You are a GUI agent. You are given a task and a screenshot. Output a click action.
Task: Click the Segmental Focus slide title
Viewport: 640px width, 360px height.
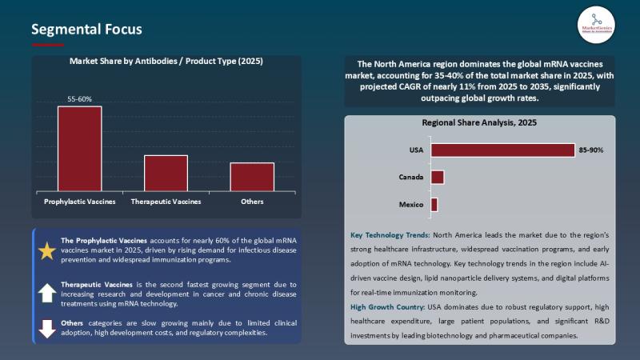86,30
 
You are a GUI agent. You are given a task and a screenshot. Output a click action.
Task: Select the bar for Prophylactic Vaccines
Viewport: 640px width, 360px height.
79,149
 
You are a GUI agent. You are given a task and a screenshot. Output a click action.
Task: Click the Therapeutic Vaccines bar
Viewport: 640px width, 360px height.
166,173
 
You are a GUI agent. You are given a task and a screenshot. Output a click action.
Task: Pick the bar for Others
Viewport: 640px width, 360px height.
252,177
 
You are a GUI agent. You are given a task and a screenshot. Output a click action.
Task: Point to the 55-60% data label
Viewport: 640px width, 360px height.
79,99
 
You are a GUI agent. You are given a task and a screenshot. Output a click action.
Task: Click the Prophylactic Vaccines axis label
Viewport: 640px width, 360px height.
79,202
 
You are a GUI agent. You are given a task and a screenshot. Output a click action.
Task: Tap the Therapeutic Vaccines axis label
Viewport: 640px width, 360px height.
166,202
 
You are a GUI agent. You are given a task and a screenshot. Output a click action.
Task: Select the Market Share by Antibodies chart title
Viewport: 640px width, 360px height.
166,61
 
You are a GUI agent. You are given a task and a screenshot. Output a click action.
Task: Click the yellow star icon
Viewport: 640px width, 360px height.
47,250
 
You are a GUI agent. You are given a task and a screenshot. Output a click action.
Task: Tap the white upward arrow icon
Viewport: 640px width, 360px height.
47,292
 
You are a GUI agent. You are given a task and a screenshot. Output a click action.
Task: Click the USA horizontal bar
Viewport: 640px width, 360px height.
502,150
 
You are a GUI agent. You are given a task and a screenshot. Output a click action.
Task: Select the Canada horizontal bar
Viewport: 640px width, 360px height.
437,177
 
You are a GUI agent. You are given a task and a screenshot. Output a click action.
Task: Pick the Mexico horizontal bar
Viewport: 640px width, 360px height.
434,205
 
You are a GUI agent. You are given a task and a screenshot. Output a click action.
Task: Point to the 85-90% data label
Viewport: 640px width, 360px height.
591,150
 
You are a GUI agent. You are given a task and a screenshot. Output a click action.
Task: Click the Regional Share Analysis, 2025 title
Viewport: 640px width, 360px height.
479,123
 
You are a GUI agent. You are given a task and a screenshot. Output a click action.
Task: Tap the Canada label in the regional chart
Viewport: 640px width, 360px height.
411,177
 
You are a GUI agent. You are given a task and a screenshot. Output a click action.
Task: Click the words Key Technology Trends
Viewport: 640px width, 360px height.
390,235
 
